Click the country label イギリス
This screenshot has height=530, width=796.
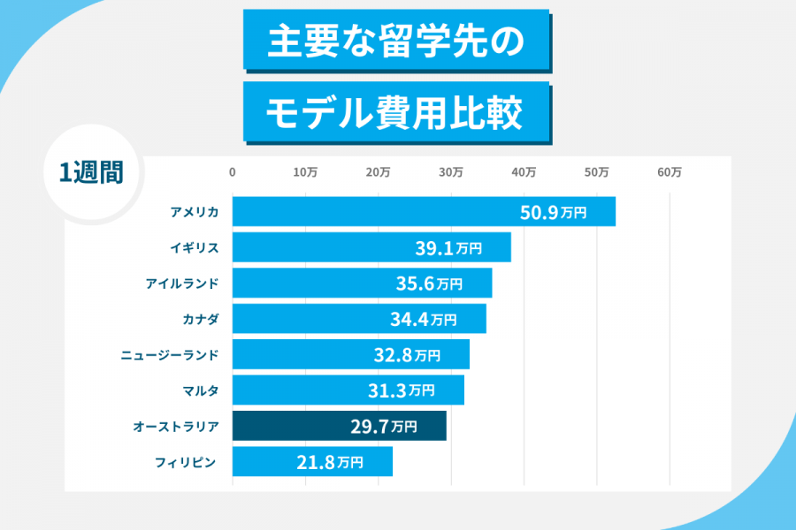coord(194,248)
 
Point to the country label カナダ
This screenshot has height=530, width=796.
coord(200,319)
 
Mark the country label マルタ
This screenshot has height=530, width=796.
coord(200,390)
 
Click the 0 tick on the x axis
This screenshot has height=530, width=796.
coord(233,173)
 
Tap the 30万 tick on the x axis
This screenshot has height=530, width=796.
coord(451,173)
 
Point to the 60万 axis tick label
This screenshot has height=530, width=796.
coord(670,173)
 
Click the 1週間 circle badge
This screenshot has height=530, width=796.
coord(91,173)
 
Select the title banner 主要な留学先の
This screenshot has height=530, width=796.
coord(395,39)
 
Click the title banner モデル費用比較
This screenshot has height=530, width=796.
coord(395,111)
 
